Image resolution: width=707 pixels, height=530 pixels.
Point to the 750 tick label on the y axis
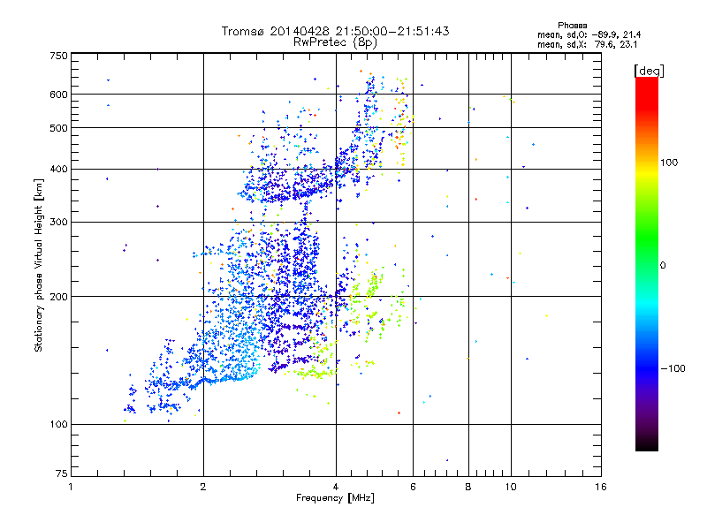58,55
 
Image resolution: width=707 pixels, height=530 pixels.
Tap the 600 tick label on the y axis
58,95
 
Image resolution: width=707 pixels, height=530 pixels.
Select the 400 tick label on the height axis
58,169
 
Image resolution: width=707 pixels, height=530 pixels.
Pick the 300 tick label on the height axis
58,222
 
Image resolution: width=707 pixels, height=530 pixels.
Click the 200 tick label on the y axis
58,297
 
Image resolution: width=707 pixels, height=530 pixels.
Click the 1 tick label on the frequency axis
71,487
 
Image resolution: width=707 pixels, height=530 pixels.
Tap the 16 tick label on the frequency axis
601,487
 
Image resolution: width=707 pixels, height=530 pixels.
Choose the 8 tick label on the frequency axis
468,487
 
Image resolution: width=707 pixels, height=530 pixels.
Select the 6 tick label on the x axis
413,487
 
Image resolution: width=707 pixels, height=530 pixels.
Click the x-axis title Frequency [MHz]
335,498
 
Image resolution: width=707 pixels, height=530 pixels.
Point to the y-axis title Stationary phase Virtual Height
39,265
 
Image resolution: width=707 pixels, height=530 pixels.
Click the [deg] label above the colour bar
650,71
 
